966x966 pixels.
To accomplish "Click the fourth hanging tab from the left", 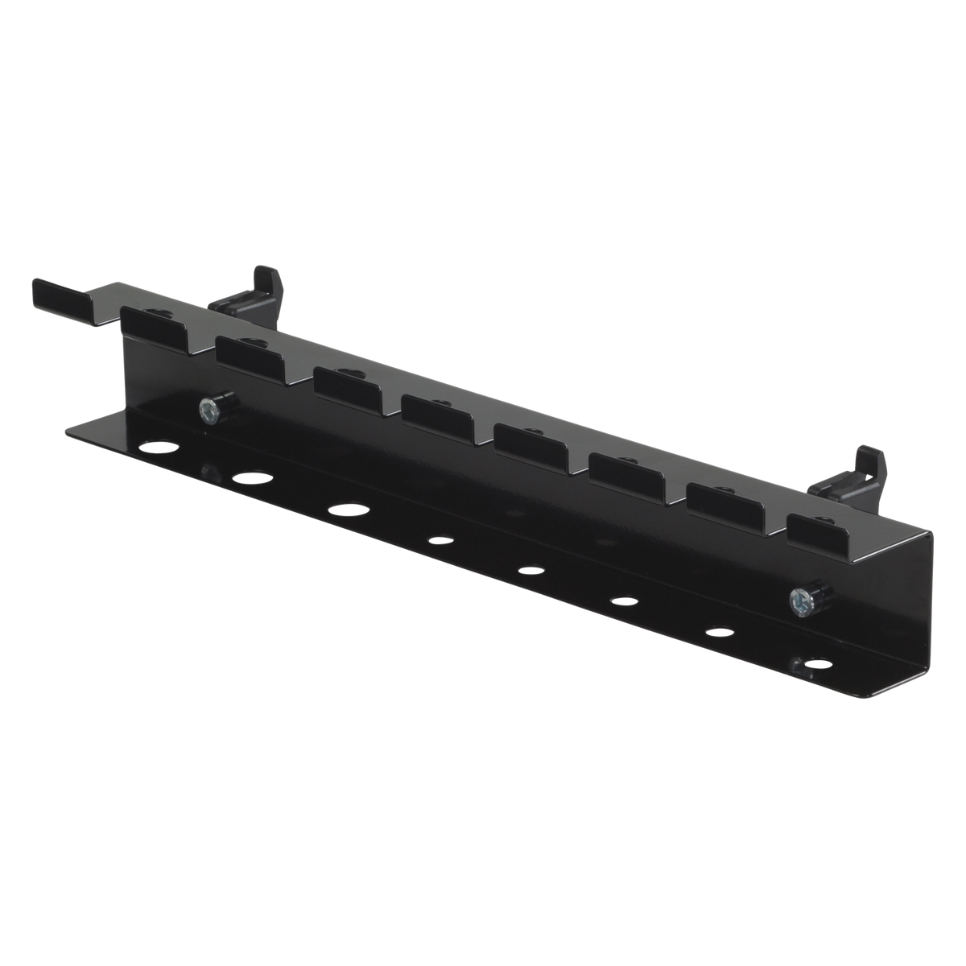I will (436, 415).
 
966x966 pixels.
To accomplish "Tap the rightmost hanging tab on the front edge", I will (822, 532).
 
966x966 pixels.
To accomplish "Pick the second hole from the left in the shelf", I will (251, 480).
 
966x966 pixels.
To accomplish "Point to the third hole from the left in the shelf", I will (348, 510).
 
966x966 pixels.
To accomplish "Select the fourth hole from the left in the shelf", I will (439, 541).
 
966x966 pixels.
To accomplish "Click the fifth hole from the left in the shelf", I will (530, 571).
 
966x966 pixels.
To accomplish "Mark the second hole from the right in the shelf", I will (720, 631).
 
